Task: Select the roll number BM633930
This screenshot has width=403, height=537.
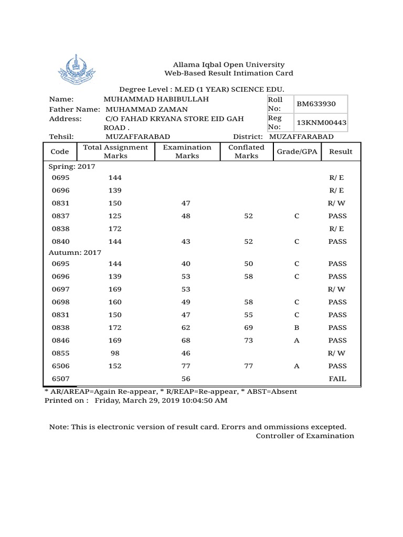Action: pos(313,104)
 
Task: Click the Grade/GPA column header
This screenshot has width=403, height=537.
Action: pos(296,152)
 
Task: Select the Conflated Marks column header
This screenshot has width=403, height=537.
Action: pos(247,152)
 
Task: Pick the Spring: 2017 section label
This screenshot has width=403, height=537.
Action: pos(72,166)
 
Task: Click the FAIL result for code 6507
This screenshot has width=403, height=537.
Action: pos(337,379)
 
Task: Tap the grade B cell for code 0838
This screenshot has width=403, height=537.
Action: pos(296,328)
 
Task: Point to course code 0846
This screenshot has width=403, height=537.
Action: pos(60,340)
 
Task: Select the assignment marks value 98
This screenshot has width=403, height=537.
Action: pos(115,353)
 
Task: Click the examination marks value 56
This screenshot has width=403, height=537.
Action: pos(186,379)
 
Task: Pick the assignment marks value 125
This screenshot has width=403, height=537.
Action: pos(115,216)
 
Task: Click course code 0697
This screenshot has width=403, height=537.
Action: pos(60,289)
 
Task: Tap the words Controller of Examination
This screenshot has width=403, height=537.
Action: pos(305,436)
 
